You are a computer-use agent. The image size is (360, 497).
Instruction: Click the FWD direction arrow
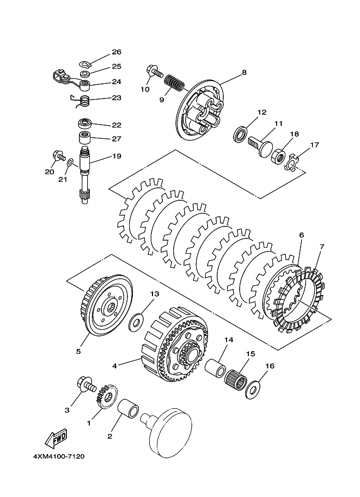click(56, 438)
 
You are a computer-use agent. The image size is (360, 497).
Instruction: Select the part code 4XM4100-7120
click(59, 457)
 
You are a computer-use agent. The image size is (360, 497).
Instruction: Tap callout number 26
click(117, 52)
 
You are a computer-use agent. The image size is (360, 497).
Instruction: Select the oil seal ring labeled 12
click(240, 134)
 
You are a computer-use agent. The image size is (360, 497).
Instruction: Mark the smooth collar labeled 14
click(215, 367)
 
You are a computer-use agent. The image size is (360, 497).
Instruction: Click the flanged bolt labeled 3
click(87, 384)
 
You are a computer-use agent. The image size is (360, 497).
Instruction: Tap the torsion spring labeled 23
click(81, 101)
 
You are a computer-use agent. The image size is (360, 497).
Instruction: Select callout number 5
click(78, 351)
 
